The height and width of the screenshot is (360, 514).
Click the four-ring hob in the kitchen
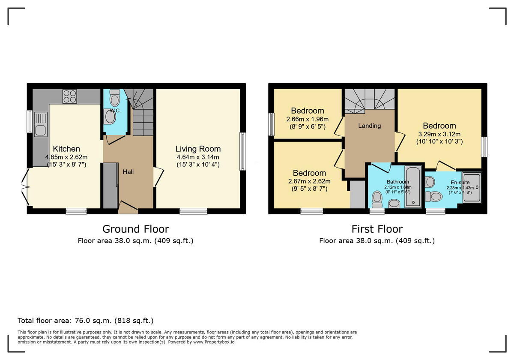coord(69,96)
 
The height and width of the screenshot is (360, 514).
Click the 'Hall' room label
coord(128,172)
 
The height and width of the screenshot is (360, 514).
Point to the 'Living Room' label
coord(198,149)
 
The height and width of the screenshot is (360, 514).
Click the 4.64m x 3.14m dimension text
coord(198,157)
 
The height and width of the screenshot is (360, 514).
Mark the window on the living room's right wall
coord(242,151)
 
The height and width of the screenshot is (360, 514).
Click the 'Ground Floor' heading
coord(135,229)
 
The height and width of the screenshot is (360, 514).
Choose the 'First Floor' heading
coord(377,229)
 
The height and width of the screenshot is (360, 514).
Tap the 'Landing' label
coord(369,126)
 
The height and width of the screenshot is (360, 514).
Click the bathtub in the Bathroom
coord(413,187)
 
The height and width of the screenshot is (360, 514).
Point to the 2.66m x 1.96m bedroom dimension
coord(308,119)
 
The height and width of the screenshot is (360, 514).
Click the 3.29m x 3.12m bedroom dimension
coord(439,134)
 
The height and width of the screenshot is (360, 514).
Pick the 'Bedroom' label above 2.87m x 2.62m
coord(309,173)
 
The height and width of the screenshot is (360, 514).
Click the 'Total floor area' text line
coord(85,321)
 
